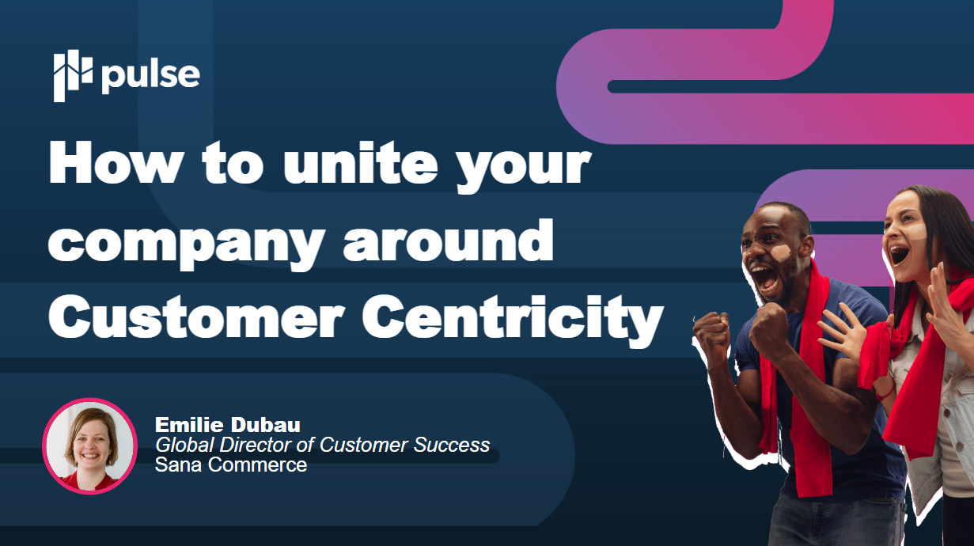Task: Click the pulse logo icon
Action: coord(73,76)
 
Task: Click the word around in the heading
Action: coord(449,240)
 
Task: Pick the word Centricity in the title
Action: coord(513,320)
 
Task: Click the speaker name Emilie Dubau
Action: coord(227,425)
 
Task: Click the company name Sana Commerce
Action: coord(231,464)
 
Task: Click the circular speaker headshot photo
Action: coord(89,446)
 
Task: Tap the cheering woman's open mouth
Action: coord(899,254)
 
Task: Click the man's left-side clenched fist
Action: coord(711,332)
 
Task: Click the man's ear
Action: coord(808,246)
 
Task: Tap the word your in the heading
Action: coord(524,168)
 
